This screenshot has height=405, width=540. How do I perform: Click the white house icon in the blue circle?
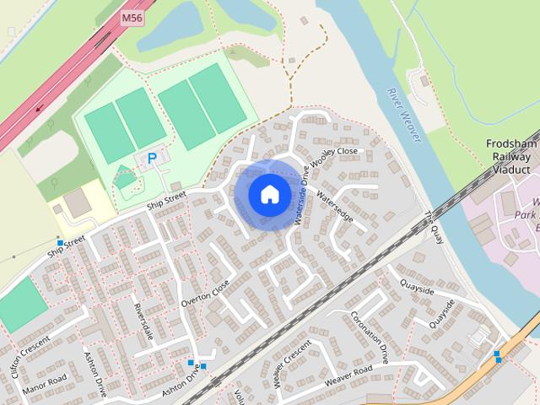tap(269, 194)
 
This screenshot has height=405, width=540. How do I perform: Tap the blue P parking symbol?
tap(152, 157)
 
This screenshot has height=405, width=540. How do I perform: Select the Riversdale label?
tap(145, 323)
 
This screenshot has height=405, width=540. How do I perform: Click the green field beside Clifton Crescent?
tap(19, 303)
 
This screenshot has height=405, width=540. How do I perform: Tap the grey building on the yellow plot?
tap(75, 202)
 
